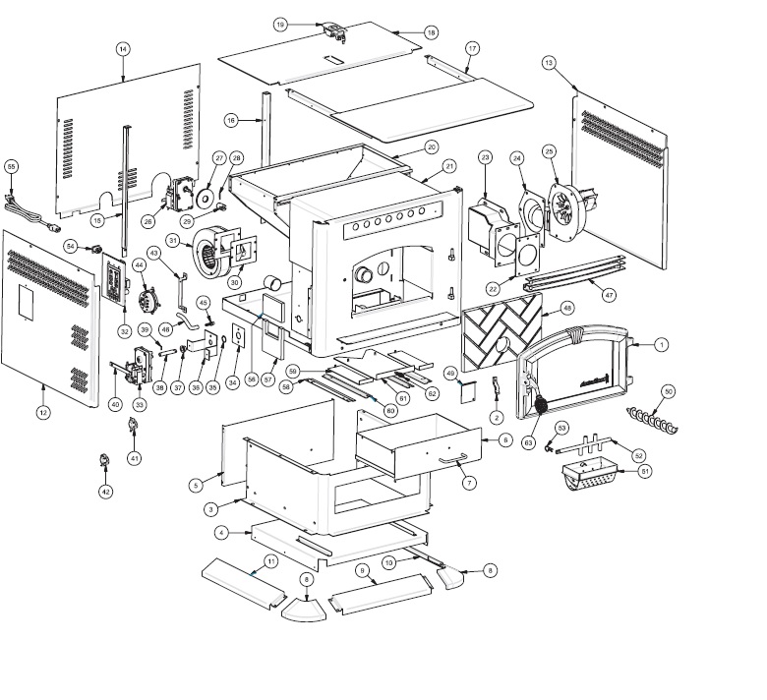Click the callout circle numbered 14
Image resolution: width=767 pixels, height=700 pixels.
point(123,49)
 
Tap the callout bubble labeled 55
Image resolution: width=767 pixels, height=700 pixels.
point(12,167)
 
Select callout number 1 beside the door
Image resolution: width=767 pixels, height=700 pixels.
point(661,344)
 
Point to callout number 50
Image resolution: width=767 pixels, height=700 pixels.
point(669,392)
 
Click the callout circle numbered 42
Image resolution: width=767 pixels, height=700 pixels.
point(106,491)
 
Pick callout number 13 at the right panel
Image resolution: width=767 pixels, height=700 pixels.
point(548,62)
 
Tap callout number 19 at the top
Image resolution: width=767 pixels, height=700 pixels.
point(280,25)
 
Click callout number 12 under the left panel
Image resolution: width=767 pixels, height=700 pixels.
point(43,413)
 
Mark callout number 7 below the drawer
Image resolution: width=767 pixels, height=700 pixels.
point(469,482)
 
